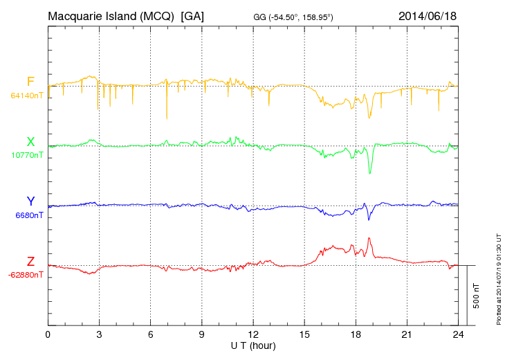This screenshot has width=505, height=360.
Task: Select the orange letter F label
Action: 30,82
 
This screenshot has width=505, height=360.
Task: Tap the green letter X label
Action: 30,142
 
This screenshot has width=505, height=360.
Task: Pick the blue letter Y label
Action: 30,201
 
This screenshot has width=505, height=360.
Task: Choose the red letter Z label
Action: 30,261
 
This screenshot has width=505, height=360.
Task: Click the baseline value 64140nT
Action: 27,96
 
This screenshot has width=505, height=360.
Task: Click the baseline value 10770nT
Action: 27,155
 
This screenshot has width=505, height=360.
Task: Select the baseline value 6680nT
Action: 30,215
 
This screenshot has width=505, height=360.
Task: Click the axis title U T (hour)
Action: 253,345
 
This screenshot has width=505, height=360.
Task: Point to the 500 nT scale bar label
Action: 477,296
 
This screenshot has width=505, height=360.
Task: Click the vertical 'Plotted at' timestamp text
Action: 498,276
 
